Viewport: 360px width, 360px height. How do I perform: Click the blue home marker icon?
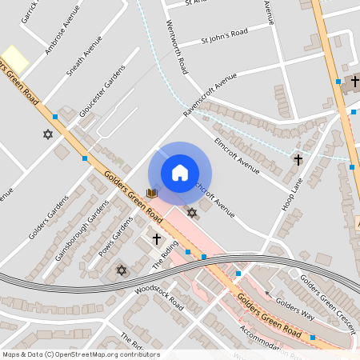pos(180,173)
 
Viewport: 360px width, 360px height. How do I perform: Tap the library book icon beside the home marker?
pos(152,193)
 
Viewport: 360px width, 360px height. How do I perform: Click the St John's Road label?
pos(226,36)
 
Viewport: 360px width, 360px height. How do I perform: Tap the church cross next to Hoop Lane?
pos(298,160)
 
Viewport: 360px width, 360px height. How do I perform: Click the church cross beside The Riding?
pos(157,239)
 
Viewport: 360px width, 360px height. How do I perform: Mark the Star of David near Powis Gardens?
pos(122,270)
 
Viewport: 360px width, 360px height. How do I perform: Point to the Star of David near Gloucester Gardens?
pos(47,134)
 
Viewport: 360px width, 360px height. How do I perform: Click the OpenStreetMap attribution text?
pos(80,354)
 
